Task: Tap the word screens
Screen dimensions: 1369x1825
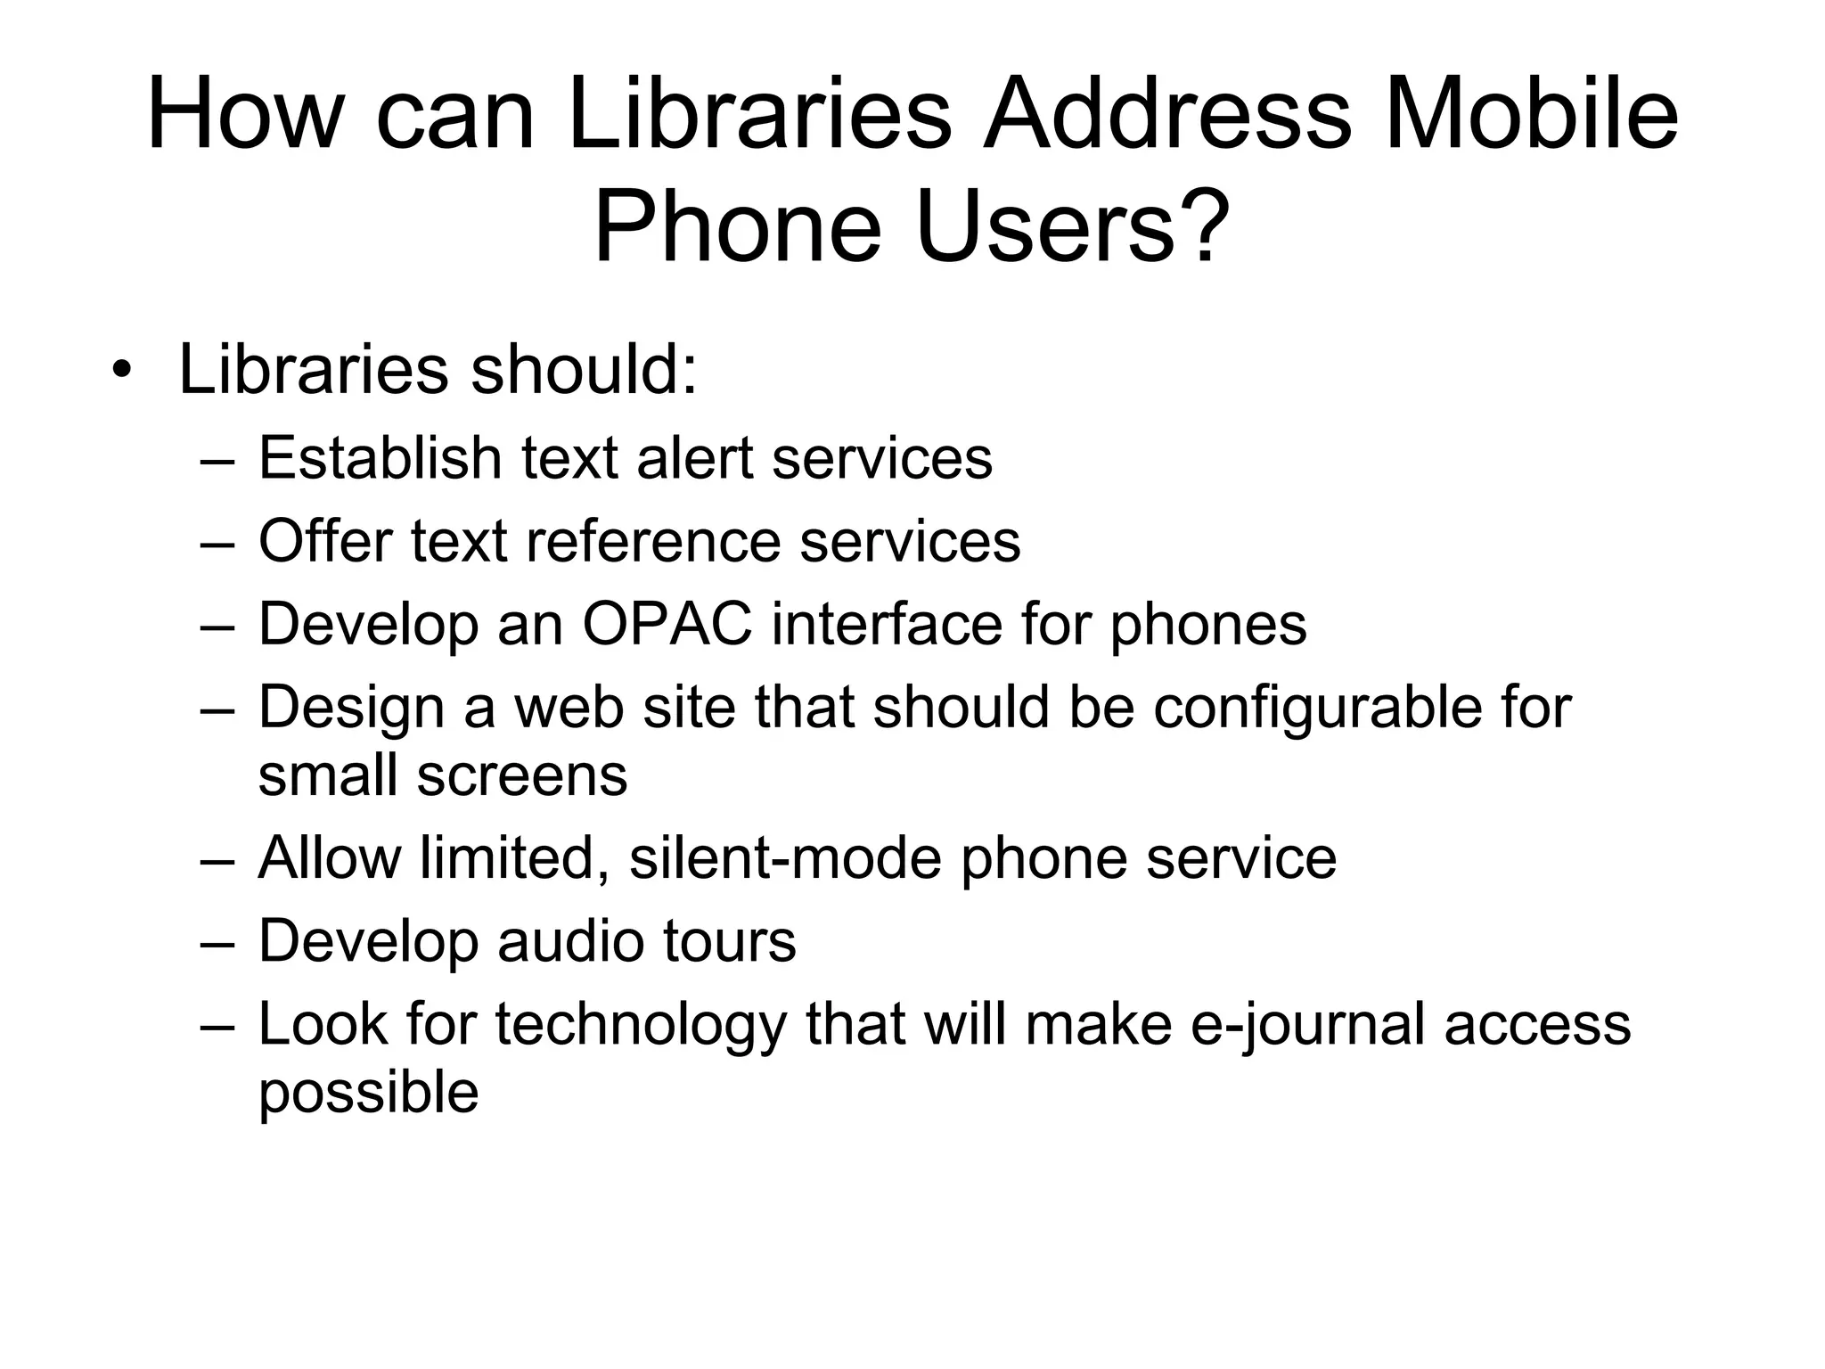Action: pos(522,775)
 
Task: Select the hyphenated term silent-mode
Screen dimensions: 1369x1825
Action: pos(785,858)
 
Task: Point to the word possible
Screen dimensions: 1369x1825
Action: pos(368,1093)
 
